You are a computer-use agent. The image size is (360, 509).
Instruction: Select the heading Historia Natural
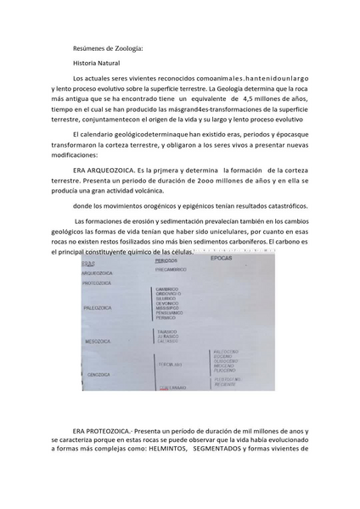[97, 64]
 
